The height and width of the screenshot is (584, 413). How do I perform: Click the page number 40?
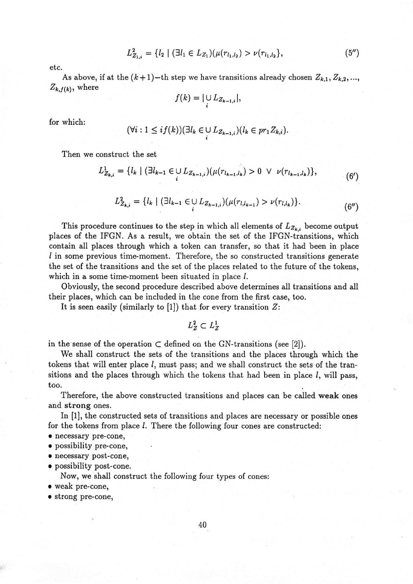pyautogui.click(x=204, y=524)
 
